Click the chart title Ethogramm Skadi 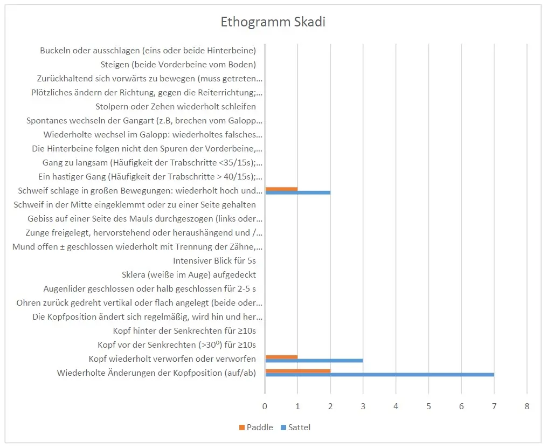[x=273, y=23]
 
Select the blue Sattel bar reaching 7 [x=379, y=375]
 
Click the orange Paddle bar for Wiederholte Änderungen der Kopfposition [x=297, y=370]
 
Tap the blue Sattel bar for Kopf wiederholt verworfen [x=314, y=361]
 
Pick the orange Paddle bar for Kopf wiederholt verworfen [x=281, y=356]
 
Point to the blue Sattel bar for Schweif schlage [x=297, y=192]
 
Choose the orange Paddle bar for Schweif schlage [x=281, y=188]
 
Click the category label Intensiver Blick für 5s [x=214, y=260]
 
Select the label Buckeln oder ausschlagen [x=148, y=51]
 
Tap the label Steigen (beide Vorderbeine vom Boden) [x=178, y=65]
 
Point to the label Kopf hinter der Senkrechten [x=184, y=330]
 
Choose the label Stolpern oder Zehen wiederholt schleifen [x=176, y=107]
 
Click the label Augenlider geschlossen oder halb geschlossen [x=149, y=288]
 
